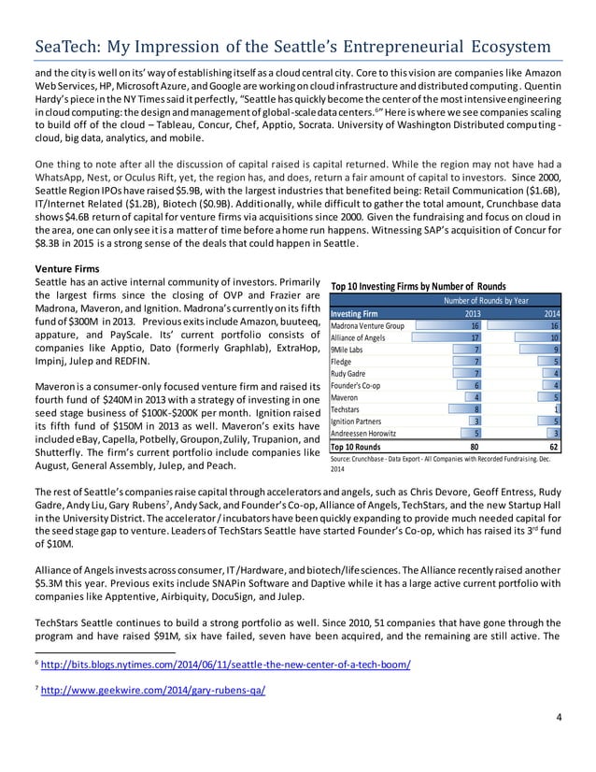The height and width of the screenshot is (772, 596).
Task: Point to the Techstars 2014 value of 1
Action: tap(556, 407)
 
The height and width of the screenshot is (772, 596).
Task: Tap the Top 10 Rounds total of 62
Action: tap(552, 447)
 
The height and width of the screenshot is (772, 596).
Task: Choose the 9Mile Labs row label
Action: tap(345, 349)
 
